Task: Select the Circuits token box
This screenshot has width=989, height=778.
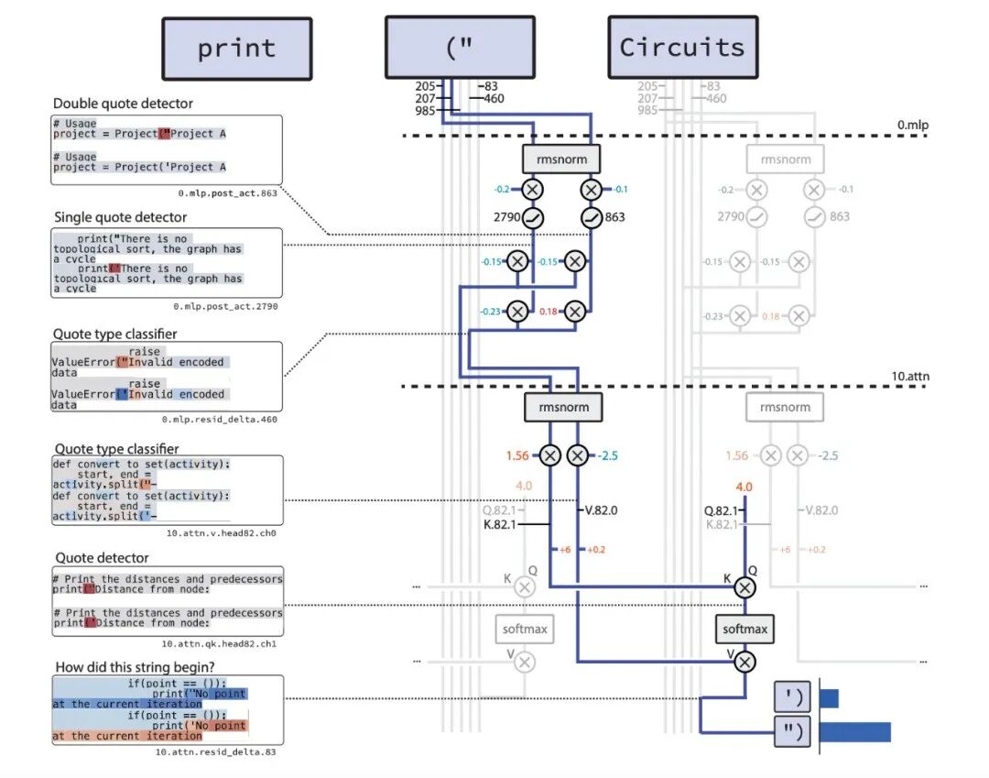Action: (x=682, y=47)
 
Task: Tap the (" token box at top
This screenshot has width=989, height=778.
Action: (x=459, y=47)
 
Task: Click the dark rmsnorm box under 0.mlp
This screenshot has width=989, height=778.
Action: (x=561, y=159)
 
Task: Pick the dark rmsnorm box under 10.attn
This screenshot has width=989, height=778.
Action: (x=563, y=407)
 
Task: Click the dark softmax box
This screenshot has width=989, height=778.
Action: (x=744, y=630)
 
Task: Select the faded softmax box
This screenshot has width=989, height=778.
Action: (x=524, y=630)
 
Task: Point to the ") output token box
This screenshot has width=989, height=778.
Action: (x=792, y=732)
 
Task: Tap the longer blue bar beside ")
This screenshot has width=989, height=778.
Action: (x=855, y=732)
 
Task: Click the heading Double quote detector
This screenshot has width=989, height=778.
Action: (x=123, y=104)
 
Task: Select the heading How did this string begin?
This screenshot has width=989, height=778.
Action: (x=142, y=666)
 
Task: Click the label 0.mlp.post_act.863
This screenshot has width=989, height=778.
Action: (x=228, y=193)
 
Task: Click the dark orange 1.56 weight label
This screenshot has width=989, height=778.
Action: (x=518, y=455)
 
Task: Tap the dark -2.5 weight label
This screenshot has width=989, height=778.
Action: (x=610, y=455)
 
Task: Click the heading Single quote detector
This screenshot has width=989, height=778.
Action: (x=120, y=217)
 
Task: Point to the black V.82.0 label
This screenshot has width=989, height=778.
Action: (x=601, y=510)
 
